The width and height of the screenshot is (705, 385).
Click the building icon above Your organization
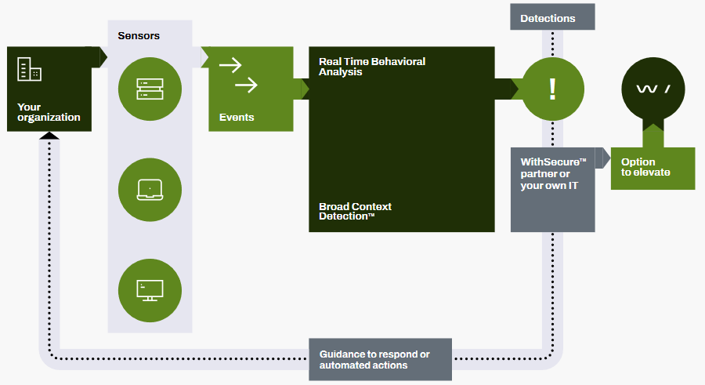pyautogui.click(x=29, y=70)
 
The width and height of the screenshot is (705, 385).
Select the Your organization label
pyautogui.click(x=49, y=112)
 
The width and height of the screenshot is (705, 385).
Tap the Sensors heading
pyautogui.click(x=138, y=36)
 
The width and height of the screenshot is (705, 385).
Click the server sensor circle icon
pyautogui.click(x=150, y=89)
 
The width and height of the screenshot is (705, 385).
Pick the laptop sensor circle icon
pyautogui.click(x=150, y=190)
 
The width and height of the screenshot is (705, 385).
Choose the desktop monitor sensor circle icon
pyautogui.click(x=150, y=290)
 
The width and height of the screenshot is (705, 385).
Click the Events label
pyautogui.click(x=237, y=118)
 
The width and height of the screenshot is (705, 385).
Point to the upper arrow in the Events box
pyautogui.click(x=231, y=65)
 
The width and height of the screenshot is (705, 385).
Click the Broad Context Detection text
pyautogui.click(x=355, y=212)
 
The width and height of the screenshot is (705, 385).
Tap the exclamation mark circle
pyautogui.click(x=552, y=89)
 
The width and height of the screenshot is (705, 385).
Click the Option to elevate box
pyautogui.click(x=653, y=168)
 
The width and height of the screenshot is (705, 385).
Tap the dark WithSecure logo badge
pyautogui.click(x=653, y=90)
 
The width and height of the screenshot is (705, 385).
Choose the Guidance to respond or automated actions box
pyautogui.click(x=380, y=360)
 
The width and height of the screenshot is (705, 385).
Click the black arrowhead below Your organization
pyautogui.click(x=49, y=136)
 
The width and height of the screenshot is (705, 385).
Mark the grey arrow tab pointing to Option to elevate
pyautogui.click(x=602, y=158)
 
